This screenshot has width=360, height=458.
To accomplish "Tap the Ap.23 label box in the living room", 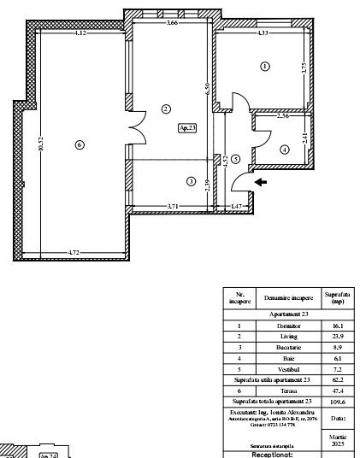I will coord(186,128).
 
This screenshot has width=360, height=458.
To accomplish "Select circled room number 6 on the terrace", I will coord(80,145).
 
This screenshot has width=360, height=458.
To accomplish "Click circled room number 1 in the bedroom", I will coord(265,66).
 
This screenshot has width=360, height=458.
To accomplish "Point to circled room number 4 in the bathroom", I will coord(285,149).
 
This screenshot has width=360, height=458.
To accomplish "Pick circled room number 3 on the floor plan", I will coord(191,180).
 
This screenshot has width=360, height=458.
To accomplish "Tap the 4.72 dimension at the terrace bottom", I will coord(74,253).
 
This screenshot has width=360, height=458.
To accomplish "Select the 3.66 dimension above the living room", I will coord(172,23).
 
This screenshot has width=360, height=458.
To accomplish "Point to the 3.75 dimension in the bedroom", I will coord(304,73).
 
